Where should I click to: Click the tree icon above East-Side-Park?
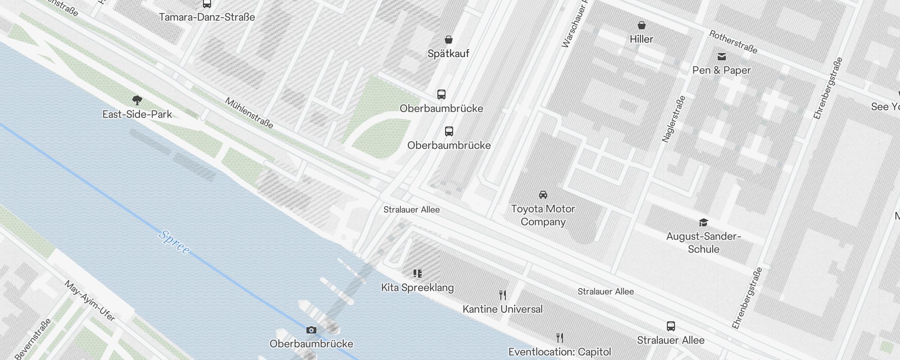tap(137, 100)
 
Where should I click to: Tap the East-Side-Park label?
tap(137, 114)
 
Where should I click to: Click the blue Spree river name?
tap(174, 242)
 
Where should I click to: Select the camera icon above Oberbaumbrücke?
tap(311, 330)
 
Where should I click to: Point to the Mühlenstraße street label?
tap(249, 113)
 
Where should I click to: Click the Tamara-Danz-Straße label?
tap(207, 17)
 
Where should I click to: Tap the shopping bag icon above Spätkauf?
tap(449, 40)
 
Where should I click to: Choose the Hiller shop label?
tap(641, 39)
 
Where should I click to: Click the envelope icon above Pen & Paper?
tap(722, 57)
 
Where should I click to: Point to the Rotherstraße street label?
tap(733, 42)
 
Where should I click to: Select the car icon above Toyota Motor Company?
tap(543, 195)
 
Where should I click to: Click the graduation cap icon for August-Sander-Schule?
tap(703, 222)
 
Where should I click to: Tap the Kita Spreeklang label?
tap(417, 288)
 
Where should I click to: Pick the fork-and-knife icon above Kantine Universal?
tap(503, 295)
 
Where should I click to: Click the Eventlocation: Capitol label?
tap(560, 352)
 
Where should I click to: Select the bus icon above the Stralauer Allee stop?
tap(670, 326)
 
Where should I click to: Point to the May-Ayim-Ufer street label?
tap(90, 301)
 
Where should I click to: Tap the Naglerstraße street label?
tap(674, 119)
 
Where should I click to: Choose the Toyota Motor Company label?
tap(543, 215)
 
